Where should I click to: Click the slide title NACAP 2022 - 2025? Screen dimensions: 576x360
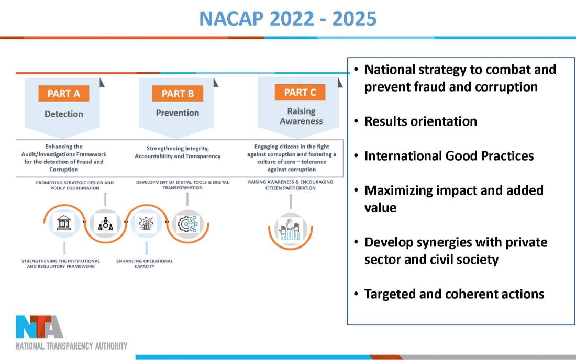pos(287,19)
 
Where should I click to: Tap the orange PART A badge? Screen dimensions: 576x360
pos(64,94)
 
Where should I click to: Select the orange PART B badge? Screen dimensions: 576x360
pos(178,94)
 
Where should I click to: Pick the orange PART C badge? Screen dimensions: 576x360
pos(300,92)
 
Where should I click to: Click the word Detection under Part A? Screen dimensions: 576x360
pos(64,114)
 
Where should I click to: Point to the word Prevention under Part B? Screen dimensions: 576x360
pos(178,113)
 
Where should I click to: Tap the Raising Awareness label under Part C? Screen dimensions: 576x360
pos(301,116)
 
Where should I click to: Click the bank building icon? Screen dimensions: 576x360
pos(64,223)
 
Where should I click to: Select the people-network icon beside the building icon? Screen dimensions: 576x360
pos(105,223)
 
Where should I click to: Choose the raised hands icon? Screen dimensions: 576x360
pos(290,230)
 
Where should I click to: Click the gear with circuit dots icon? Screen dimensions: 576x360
pos(187,223)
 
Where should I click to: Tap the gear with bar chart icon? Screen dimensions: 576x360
pos(146,223)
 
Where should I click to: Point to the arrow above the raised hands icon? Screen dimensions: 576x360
pos(291,201)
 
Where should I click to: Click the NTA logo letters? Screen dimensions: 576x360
pos(39,327)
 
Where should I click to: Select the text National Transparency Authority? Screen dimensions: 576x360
pos(71,346)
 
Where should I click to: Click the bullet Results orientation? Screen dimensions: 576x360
pos(420,121)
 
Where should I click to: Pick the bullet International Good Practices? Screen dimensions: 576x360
pos(449,155)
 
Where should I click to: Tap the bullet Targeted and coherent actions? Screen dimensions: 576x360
pos(454,294)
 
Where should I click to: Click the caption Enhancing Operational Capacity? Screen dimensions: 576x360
pos(145,264)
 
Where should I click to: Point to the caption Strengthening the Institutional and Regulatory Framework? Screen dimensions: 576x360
pos(61,264)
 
